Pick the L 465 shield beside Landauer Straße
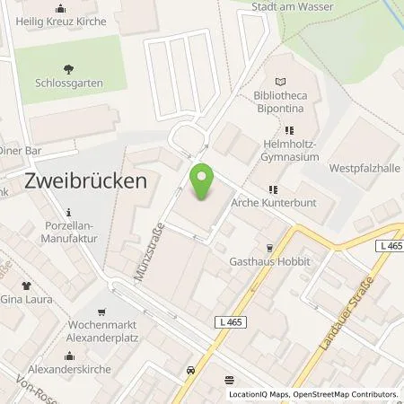pyautogui.click(x=387, y=244)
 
